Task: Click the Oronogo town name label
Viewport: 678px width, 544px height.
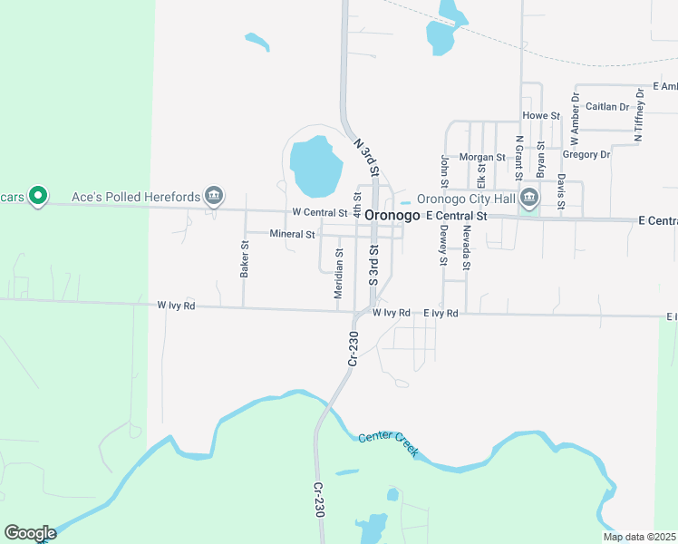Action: click(x=393, y=215)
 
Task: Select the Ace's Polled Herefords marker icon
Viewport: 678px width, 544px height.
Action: click(x=215, y=196)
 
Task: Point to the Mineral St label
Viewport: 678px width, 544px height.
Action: click(x=292, y=234)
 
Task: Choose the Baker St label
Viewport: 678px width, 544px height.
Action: click(x=245, y=258)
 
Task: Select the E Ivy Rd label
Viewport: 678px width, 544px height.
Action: click(x=441, y=313)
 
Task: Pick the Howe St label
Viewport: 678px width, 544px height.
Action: click(x=542, y=116)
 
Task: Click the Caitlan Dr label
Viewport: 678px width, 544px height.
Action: click(x=607, y=106)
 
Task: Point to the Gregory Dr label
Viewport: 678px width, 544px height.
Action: click(x=586, y=154)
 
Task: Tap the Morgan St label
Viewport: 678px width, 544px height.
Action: click(x=482, y=157)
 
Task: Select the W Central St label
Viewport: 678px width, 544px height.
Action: click(x=320, y=212)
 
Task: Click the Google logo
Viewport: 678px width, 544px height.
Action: click(x=30, y=533)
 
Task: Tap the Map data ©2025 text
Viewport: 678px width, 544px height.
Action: click(x=639, y=537)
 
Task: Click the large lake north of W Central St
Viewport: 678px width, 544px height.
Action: click(x=315, y=166)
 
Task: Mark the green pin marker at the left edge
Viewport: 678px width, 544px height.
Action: click(x=37, y=196)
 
